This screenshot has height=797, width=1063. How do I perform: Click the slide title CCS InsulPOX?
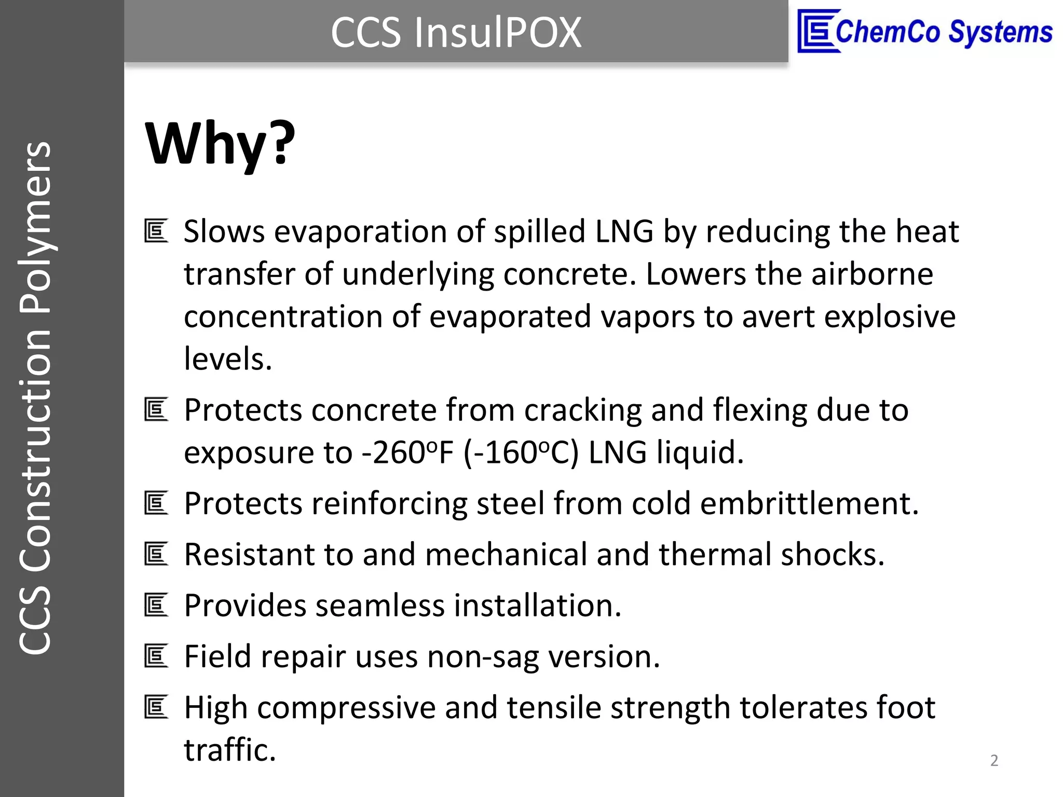click(x=456, y=33)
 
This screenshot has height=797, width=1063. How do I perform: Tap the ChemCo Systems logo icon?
click(x=818, y=31)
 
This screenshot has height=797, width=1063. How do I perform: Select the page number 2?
click(x=994, y=760)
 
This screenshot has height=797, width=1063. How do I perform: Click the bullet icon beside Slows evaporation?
click(x=156, y=231)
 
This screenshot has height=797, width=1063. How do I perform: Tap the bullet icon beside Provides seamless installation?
click(x=156, y=605)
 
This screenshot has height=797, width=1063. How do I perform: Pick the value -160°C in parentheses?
click(x=521, y=452)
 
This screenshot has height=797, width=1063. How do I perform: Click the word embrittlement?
click(x=809, y=503)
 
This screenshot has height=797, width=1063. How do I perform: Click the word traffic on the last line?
click(x=229, y=750)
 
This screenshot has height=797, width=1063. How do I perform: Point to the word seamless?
click(x=380, y=605)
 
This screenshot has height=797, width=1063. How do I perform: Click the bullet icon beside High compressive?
click(x=156, y=707)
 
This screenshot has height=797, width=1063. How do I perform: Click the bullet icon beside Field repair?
click(x=156, y=656)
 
